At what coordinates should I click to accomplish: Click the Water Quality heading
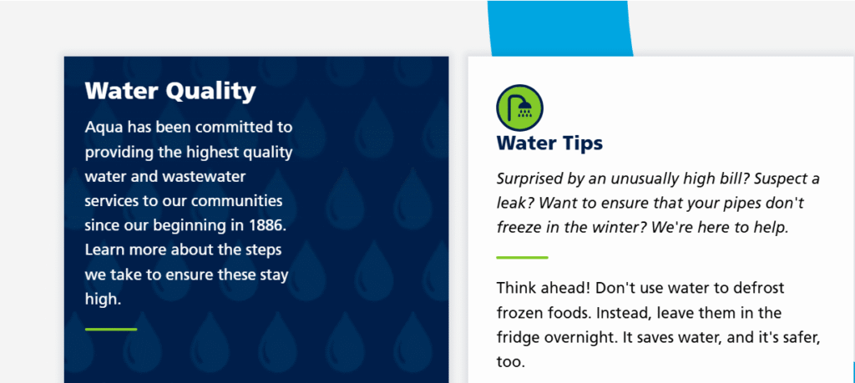[x=170, y=91]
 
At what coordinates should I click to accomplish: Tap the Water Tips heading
[x=549, y=144]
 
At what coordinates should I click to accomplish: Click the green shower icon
[x=519, y=108]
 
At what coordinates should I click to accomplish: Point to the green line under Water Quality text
[x=111, y=329]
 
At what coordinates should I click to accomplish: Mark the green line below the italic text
[x=523, y=257]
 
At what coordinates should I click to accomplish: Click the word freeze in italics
[x=514, y=228]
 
